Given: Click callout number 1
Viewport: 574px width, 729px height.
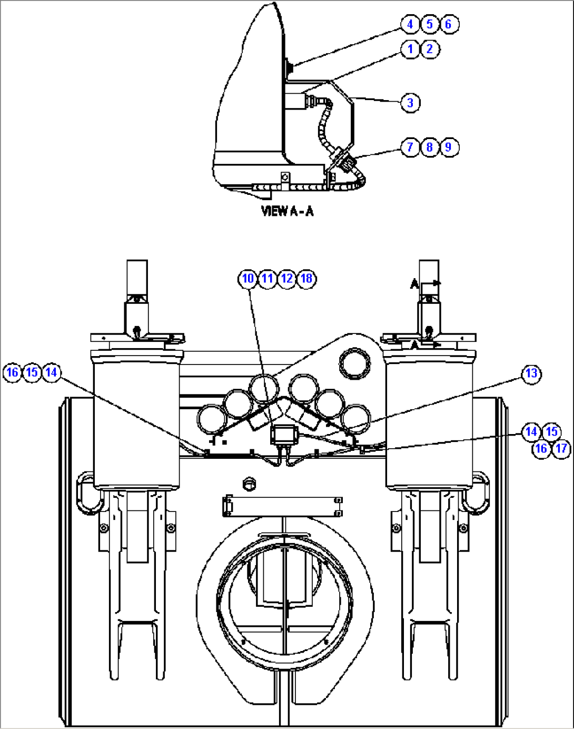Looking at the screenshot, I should tap(410, 49).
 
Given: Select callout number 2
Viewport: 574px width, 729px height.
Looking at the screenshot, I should tap(430, 49).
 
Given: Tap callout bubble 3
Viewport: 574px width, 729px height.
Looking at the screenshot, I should tap(410, 102).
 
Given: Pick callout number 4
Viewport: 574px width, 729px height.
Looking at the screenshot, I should tap(410, 24).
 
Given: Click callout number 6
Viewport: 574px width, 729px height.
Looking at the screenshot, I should tap(449, 24).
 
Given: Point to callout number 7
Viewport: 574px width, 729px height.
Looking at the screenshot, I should tap(410, 147).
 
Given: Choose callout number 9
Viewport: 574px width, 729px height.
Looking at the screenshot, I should tap(449, 147).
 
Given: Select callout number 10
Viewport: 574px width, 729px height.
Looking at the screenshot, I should tap(248, 278).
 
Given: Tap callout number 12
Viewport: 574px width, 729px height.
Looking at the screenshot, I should tap(287, 278).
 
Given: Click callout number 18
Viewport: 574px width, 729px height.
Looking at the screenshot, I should tap(306, 278).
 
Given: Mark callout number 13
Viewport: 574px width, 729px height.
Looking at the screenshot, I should tap(531, 373).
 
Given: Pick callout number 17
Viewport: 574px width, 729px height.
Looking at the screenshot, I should tap(561, 448).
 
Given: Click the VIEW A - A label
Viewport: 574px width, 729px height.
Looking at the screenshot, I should tap(287, 211).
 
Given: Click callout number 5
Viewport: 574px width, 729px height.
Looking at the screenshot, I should tap(430, 24).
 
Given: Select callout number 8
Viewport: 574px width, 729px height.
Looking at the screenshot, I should tap(430, 147).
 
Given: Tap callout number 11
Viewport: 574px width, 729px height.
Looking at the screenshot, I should tap(268, 278).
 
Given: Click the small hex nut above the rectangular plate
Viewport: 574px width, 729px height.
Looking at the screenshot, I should tap(249, 483).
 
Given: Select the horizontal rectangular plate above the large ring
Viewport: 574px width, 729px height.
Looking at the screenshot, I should tap(283, 507).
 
